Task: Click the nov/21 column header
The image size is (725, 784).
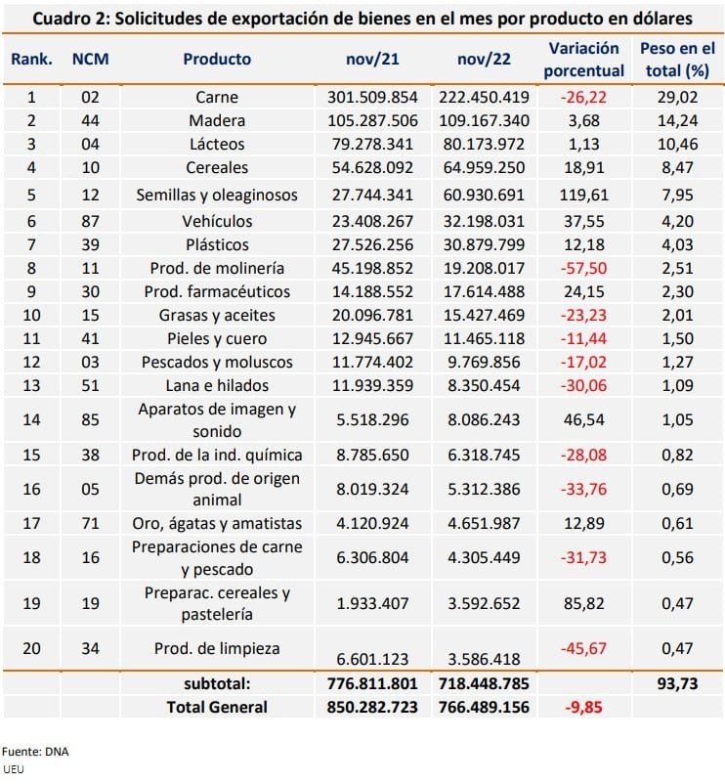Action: click(372, 59)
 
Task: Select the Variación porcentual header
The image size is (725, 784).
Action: click(583, 60)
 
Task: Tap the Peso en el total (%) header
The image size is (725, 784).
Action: click(677, 60)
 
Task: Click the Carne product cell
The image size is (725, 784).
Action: click(217, 97)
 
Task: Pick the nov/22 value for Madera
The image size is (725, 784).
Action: click(484, 120)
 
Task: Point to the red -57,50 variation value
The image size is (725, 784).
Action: click(583, 268)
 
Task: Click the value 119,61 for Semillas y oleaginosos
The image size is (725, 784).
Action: click(583, 195)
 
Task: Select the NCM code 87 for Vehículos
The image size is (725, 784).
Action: click(91, 221)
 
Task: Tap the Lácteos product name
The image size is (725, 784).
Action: click(217, 144)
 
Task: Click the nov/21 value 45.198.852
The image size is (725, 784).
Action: click(372, 268)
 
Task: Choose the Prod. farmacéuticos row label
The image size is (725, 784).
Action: click(217, 291)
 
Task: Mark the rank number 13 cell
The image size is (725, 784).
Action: click(31, 385)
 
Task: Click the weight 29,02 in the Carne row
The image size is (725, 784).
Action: click(677, 97)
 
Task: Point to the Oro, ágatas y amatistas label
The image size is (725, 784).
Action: click(217, 523)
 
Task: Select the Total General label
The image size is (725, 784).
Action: click(217, 707)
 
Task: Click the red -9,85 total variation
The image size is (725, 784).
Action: click(583, 707)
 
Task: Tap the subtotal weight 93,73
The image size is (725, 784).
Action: click(677, 683)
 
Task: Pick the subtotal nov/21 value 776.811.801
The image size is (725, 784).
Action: click(372, 683)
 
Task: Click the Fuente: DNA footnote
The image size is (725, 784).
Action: click(35, 752)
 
